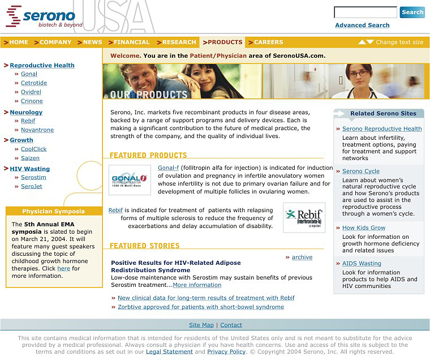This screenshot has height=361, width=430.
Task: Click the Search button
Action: click(x=412, y=12)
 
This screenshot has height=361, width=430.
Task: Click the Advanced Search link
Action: click(x=362, y=25)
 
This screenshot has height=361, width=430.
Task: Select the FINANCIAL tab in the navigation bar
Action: click(x=131, y=42)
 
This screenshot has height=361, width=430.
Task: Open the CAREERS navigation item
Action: click(x=268, y=42)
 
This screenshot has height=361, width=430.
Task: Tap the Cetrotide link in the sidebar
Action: click(x=34, y=83)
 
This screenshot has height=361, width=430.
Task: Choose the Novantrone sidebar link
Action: click(x=37, y=130)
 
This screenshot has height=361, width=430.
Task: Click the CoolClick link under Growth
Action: click(x=34, y=149)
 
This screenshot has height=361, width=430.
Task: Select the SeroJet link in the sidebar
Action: click(x=32, y=187)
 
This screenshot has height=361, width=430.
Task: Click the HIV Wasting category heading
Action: click(x=29, y=169)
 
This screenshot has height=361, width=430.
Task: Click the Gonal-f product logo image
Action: click(x=130, y=180)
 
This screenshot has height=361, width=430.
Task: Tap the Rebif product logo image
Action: click(x=304, y=217)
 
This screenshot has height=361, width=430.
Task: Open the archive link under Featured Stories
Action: click(x=302, y=257)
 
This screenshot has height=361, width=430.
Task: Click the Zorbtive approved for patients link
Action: click(x=201, y=307)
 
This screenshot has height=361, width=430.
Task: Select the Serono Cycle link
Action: click(x=361, y=171)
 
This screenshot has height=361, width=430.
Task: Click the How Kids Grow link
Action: click(x=364, y=228)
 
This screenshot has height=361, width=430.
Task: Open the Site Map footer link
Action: click(x=201, y=325)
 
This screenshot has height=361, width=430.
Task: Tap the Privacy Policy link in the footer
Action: click(x=226, y=352)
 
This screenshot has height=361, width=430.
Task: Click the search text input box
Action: click(x=365, y=12)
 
